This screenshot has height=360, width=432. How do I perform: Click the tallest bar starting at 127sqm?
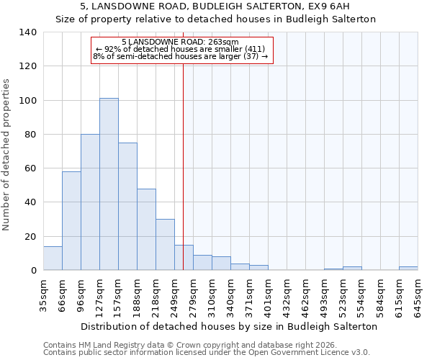pos(109,184)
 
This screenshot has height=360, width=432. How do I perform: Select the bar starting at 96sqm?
pos(90,202)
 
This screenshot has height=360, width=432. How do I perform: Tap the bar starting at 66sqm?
pos(71,221)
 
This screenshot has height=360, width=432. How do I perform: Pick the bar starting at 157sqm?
pos(127,207)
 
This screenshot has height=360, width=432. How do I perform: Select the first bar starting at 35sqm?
pos(53,258)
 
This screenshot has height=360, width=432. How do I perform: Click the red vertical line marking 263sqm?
pos(184,158)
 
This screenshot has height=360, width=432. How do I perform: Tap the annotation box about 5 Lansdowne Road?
pos(182,50)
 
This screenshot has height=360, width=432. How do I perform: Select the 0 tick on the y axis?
pos(33,271)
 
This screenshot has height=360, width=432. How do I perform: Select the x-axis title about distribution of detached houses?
pos(229,326)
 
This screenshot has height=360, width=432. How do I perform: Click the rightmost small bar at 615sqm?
pos(408,269)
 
